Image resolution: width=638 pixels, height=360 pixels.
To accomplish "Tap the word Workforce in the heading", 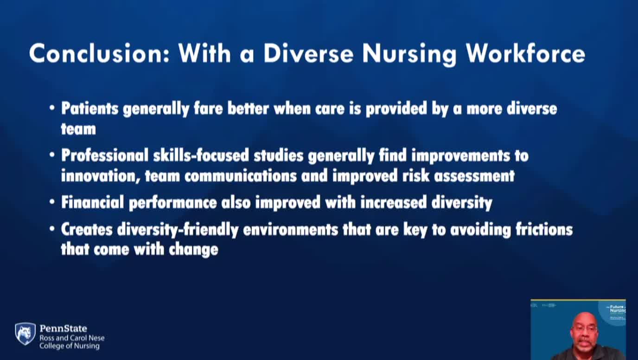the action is coord(525,54).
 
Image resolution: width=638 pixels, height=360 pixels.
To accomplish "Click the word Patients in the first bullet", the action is coord(90,109).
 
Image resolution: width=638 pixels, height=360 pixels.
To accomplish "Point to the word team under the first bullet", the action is coord(79,129).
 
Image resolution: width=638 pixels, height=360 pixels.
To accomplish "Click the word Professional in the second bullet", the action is coord(105,155).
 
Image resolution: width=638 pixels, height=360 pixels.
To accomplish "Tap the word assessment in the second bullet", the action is coord(474,176).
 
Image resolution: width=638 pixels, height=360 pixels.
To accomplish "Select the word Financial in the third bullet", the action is coord(93,202).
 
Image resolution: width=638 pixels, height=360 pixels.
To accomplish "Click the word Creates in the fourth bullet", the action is coord(87,230).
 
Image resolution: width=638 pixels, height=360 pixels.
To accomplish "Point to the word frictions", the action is coord(544,230).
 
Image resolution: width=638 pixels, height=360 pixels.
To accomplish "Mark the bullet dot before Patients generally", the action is coord(52,108).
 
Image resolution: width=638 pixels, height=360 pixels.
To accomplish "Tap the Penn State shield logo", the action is coord(26,334).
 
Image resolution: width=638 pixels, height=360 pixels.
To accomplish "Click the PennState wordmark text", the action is coord(63,328).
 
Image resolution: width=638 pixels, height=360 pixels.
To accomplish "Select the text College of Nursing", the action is coord(70,346).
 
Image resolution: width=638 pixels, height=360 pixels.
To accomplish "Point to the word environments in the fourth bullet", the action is coord(291,230).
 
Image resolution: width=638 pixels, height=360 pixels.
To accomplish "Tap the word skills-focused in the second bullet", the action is coord(201,155).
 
